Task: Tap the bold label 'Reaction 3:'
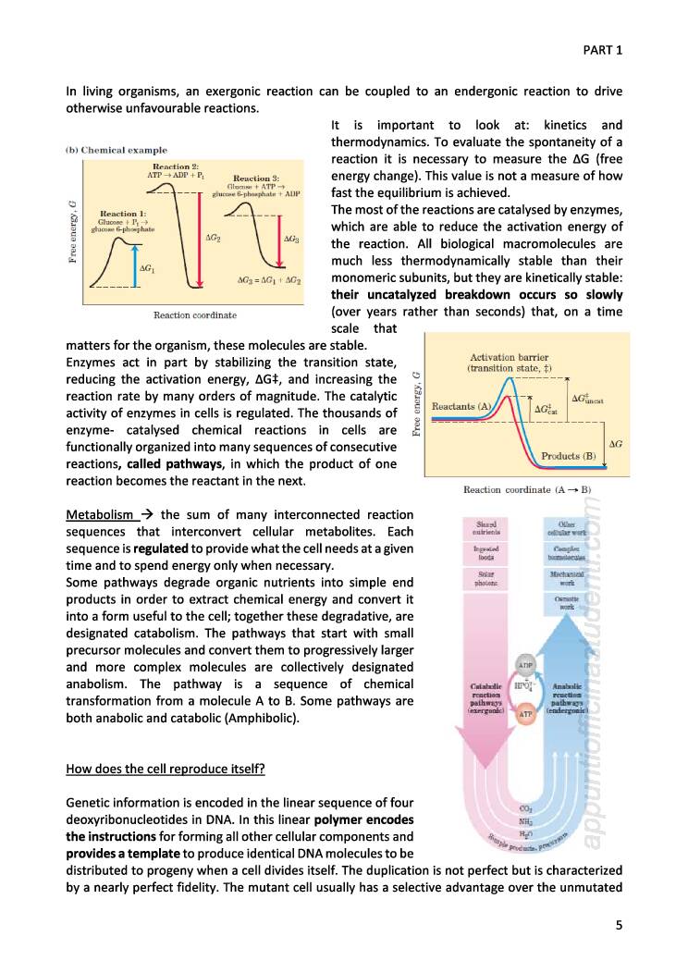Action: (256, 179)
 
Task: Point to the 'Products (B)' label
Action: (568, 456)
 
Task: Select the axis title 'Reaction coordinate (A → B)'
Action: (526, 489)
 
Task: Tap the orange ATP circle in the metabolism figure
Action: (524, 715)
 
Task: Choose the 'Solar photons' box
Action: (486, 580)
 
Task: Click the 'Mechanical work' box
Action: (566, 580)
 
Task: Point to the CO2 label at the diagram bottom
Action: (525, 809)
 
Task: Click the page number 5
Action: (618, 924)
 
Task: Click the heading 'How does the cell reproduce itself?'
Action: (166, 770)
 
